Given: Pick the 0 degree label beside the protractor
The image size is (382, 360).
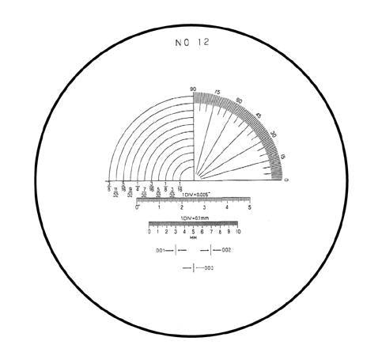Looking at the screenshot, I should pos(286,182).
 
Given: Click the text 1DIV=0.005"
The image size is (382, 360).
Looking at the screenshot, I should pos(197,194).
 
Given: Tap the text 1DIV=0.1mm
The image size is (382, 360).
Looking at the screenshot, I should pos(194,218).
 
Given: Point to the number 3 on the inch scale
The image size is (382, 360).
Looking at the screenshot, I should pos(205,207).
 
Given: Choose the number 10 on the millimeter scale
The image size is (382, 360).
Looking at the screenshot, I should pos(237,231).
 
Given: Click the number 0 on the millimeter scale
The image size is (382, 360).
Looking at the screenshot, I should pos(149,231).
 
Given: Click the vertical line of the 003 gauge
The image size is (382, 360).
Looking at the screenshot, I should pos(194,269).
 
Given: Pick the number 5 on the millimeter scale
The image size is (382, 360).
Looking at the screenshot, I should pos(193,231).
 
